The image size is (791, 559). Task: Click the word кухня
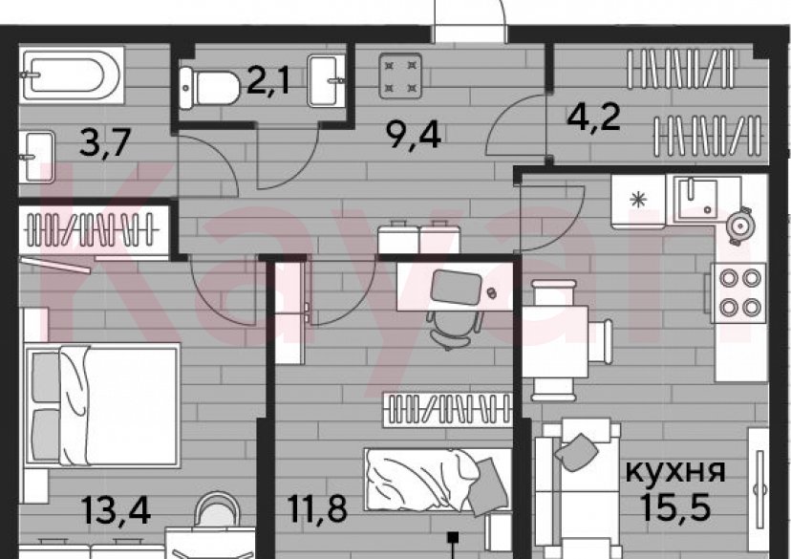[x=674, y=470]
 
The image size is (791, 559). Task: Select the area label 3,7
[x=103, y=146]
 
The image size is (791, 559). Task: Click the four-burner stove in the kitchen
[x=738, y=292]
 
